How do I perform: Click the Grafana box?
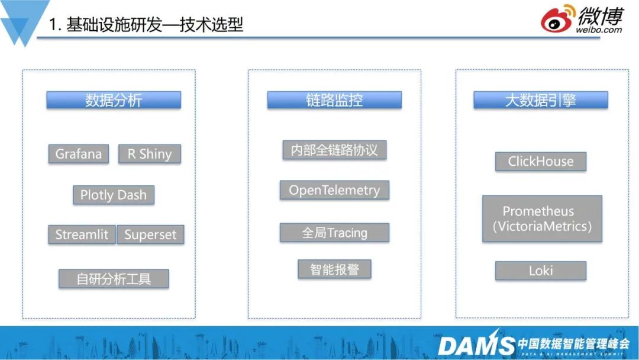(79, 154)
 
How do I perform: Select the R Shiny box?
(149, 154)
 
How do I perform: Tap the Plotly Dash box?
(114, 195)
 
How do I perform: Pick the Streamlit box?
(82, 234)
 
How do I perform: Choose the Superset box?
(150, 234)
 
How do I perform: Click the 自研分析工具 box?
(114, 278)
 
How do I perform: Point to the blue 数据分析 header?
(114, 100)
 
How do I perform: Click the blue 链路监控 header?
(334, 100)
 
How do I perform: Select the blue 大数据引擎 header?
(541, 100)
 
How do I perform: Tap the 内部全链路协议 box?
(334, 150)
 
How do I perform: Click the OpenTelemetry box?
(334, 190)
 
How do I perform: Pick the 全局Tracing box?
(334, 233)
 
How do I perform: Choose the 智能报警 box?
(334, 269)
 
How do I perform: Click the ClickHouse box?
(541, 162)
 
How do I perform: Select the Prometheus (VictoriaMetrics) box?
(542, 218)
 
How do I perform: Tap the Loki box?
(541, 271)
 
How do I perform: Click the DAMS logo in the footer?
(476, 344)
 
